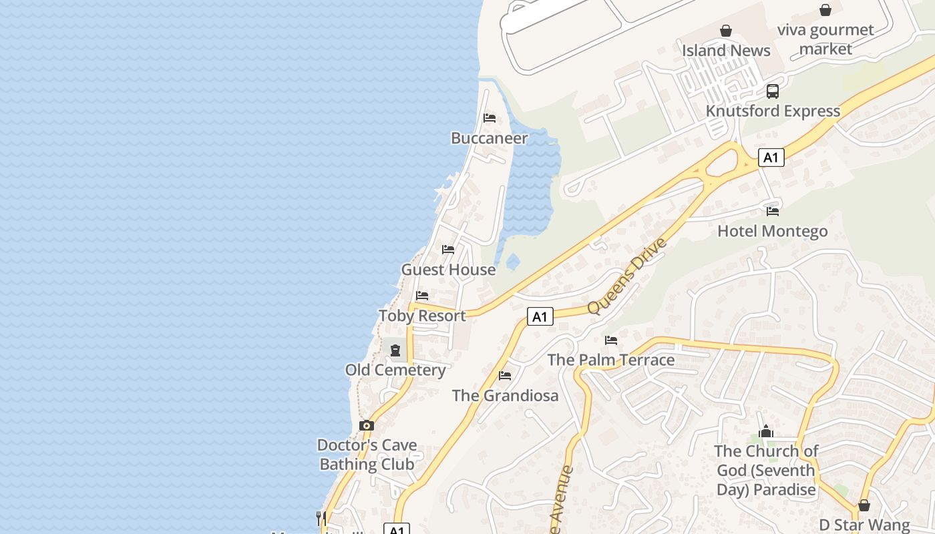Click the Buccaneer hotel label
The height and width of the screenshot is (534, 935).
click(490, 138)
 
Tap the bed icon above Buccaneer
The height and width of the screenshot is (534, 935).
click(490, 118)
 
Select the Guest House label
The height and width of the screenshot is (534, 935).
click(448, 270)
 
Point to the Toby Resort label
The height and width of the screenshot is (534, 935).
click(422, 316)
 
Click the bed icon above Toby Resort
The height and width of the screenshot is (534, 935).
click(422, 295)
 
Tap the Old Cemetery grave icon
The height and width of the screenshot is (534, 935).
click(395, 350)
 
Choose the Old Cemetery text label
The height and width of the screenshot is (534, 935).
click(395, 370)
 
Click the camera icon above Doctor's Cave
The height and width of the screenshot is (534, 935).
click(366, 425)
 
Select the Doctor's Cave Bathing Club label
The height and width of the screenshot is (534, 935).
click(367, 455)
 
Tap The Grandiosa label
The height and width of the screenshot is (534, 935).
click(505, 395)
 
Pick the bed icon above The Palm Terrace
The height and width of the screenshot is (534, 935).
click(611, 340)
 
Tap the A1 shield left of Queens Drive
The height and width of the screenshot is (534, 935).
click(540, 316)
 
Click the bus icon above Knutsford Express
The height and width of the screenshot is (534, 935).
click(773, 91)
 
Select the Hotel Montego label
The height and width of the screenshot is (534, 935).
click(772, 231)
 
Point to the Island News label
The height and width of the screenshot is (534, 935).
click(726, 50)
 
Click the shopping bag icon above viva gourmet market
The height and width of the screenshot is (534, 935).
click(825, 10)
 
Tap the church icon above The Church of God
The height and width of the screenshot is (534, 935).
click(766, 432)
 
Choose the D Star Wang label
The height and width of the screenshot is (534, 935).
click(864, 525)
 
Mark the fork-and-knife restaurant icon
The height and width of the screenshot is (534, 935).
click(321, 517)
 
